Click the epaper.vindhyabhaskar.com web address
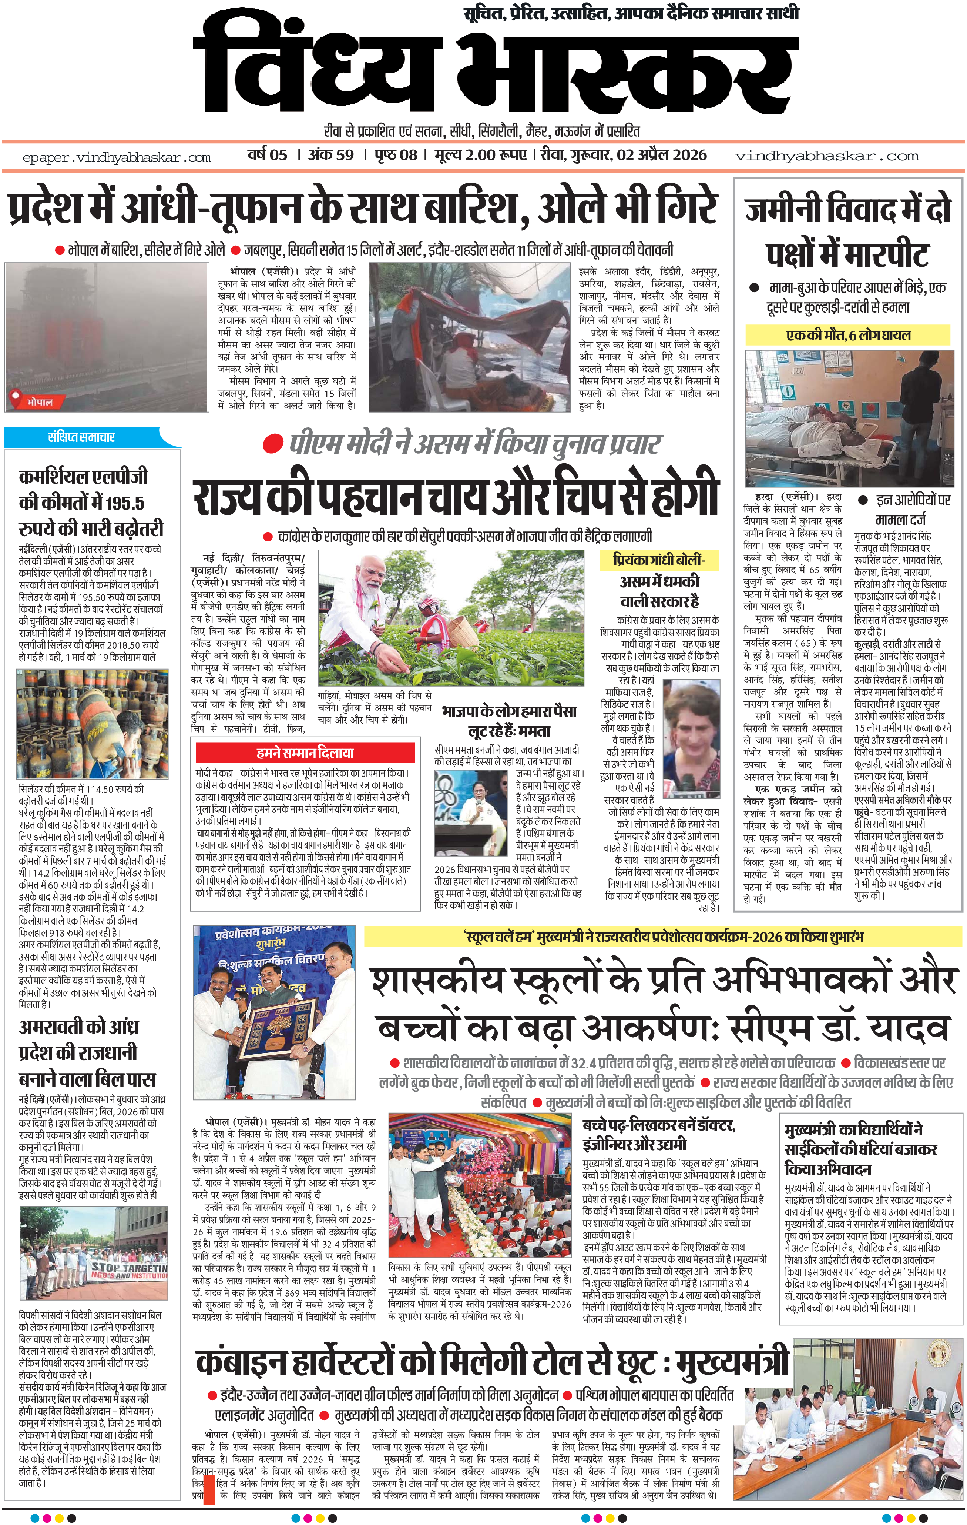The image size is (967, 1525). click(117, 158)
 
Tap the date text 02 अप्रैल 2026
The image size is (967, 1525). click(661, 155)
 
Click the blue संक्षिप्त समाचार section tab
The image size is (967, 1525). click(82, 437)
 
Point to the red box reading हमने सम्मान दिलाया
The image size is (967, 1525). click(305, 753)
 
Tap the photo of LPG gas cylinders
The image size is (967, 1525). click(93, 723)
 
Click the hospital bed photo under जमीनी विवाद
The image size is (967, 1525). click(849, 418)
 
